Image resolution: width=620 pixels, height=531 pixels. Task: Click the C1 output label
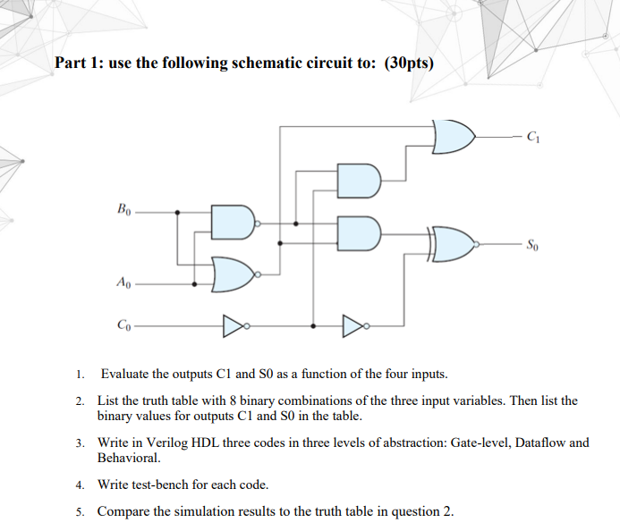tap(534, 138)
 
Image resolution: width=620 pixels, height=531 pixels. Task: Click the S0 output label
tap(532, 244)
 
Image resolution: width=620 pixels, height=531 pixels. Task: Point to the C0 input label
tap(123, 326)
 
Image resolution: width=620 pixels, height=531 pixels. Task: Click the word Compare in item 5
tap(124, 511)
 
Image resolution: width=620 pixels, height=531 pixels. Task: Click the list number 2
tap(80, 401)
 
